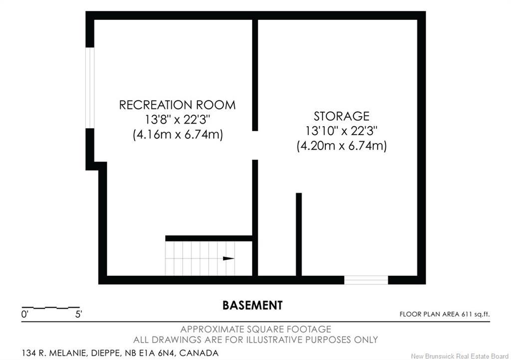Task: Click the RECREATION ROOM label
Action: (x=177, y=105)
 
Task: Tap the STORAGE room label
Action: (x=341, y=116)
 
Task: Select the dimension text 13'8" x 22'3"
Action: (x=177, y=120)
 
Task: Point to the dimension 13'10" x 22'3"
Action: (x=341, y=131)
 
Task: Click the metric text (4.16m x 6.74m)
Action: (x=178, y=134)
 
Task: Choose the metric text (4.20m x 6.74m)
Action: (x=341, y=146)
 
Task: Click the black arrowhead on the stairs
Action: (x=229, y=258)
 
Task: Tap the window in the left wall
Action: (x=90, y=88)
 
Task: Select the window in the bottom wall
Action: (x=366, y=280)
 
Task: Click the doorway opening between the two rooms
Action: (x=255, y=146)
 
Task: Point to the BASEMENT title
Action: (x=253, y=305)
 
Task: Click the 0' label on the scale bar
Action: (x=25, y=315)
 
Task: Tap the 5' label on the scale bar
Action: (x=78, y=315)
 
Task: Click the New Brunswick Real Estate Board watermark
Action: (x=460, y=356)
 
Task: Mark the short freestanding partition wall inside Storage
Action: (x=299, y=234)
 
